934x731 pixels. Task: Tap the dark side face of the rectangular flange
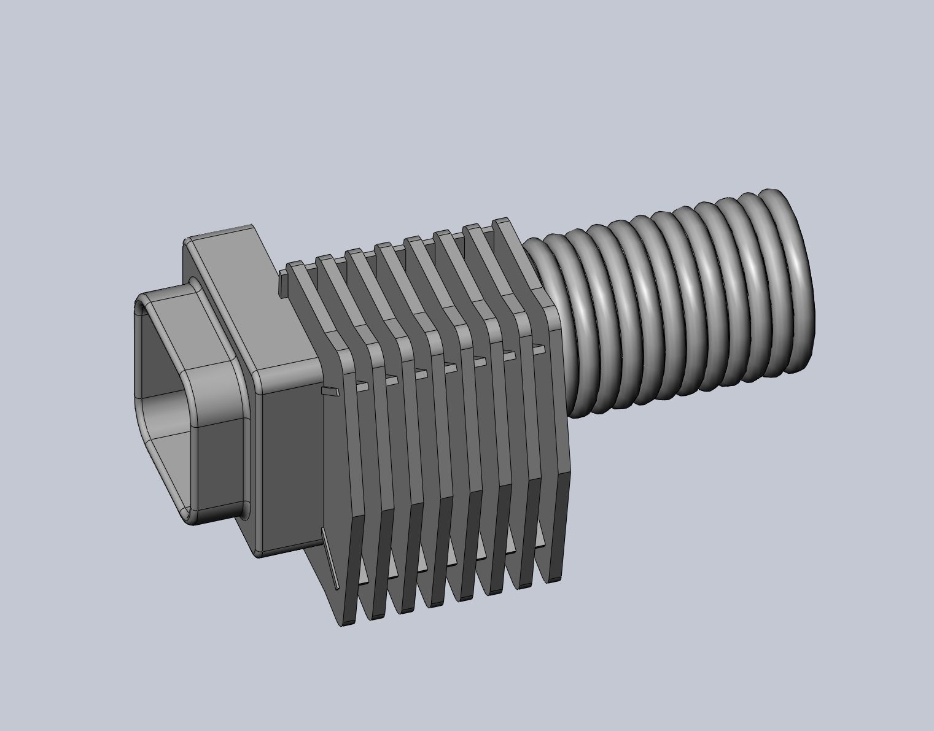[x=289, y=460]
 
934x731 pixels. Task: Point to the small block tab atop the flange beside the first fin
[x=284, y=283]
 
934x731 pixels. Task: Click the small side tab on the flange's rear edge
[x=330, y=391]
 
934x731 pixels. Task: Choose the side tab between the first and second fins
[x=362, y=386]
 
